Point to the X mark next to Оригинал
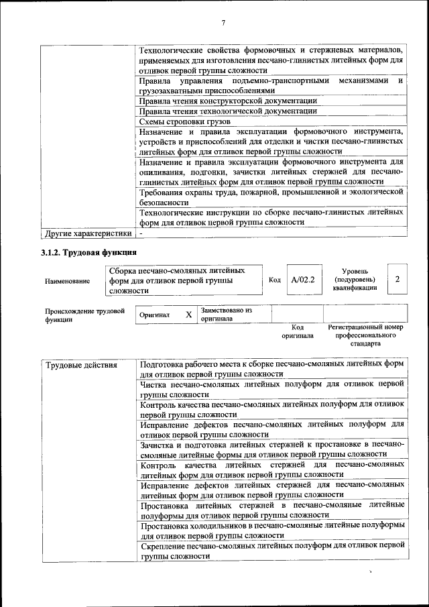tap(188, 315)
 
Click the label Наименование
tap(67, 282)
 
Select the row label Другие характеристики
tap(86, 233)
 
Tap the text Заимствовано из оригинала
tap(226, 315)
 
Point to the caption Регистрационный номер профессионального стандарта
tap(365, 335)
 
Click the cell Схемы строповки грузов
tap(184, 121)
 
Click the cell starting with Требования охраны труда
tap(271, 196)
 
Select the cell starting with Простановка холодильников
tap(272, 531)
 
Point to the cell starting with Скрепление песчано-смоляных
tap(272, 551)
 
